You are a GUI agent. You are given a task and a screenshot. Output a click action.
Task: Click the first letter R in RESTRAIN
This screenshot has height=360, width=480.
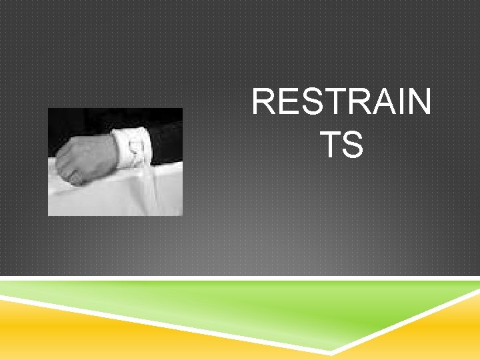click(x=262, y=103)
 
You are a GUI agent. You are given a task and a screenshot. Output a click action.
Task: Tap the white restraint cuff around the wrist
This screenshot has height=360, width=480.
click(x=131, y=149)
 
